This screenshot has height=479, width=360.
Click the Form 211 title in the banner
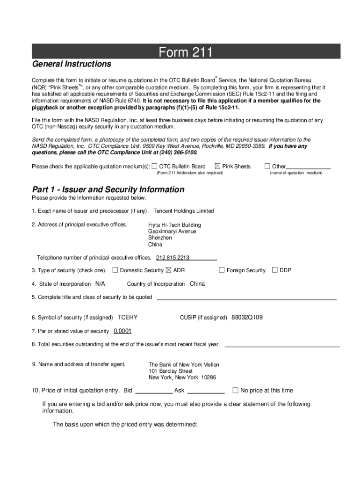point(186,52)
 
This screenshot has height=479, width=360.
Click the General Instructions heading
point(72,64)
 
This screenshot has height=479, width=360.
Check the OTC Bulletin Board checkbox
point(155,166)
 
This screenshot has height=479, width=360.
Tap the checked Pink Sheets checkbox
point(217,166)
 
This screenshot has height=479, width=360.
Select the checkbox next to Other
point(267,166)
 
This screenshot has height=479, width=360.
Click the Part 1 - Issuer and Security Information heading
point(108,189)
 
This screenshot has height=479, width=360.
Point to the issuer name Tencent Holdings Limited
point(183,211)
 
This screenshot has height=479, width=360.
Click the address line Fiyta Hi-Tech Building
point(174,225)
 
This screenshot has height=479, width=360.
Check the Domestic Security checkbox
point(115,270)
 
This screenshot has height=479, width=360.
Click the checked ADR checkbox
point(169,270)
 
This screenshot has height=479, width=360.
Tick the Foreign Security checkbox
point(222,270)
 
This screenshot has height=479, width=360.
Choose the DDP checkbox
point(275,270)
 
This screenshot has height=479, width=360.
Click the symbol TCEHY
point(128,318)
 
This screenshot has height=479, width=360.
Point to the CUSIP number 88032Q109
point(247,318)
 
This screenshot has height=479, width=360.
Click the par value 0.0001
point(122,331)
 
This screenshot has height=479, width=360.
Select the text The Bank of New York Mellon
point(184,365)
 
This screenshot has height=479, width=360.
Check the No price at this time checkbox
point(236,390)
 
